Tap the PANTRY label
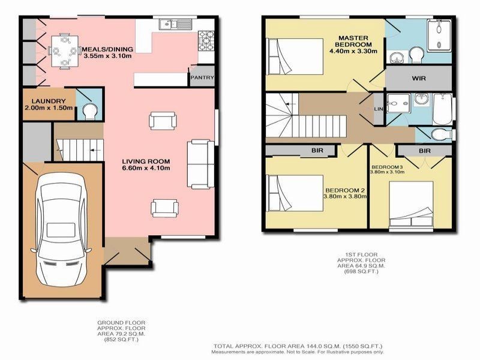[202, 77]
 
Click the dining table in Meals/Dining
[64, 50]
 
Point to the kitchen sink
[169, 25]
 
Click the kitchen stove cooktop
[205, 41]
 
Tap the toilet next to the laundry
[89, 110]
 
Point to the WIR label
[419, 78]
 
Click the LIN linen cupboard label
[378, 109]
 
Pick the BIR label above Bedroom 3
[425, 151]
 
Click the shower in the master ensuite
[440, 34]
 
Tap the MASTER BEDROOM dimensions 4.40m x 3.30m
[353, 52]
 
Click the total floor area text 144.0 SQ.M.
[297, 346]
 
